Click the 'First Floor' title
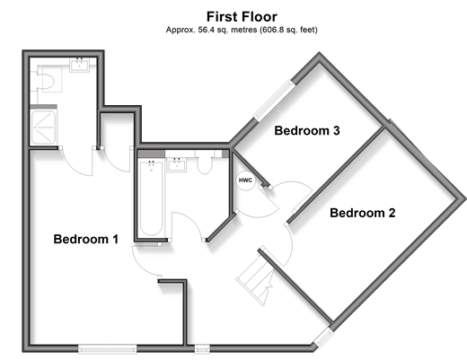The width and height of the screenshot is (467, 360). pos(242,17)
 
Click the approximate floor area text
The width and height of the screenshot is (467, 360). pos(242,30)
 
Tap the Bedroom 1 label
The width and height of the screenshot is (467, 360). pos(86,239)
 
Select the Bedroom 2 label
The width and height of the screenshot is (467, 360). pos(363,213)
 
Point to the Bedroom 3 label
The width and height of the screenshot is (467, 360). pos(307,131)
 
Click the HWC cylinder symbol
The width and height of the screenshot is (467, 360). pos(245,180)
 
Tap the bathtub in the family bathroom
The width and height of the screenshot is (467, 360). pos(152,198)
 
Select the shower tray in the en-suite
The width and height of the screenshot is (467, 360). pos(44,127)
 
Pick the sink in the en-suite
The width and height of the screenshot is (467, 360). pos(79,65)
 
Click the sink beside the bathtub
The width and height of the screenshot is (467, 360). pos(177,164)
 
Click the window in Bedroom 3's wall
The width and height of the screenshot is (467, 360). pos(273,100)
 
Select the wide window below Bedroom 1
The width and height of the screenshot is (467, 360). pos(107,348)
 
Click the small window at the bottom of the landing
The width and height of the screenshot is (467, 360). pos(202,349)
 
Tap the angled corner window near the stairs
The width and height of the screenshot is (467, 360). pos(324,338)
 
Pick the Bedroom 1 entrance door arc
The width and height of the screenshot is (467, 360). pos(143,265)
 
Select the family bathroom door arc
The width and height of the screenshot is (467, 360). pos(189,222)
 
